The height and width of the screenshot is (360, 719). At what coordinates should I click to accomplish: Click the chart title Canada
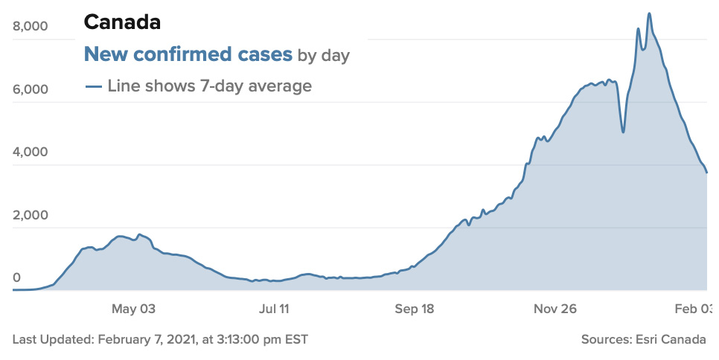click(x=122, y=22)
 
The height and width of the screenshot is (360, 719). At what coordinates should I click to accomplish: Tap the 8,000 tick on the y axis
click(x=31, y=27)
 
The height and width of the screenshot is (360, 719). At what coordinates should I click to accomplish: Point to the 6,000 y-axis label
click(x=31, y=90)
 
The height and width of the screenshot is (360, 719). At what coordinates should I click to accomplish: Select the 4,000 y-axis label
click(x=31, y=152)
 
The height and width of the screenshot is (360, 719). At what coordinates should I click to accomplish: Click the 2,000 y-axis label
click(x=31, y=216)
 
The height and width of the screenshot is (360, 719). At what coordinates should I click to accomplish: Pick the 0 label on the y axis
click(x=16, y=278)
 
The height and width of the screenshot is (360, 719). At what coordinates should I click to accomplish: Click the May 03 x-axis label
click(x=133, y=309)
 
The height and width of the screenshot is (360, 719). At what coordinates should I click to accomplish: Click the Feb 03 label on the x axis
click(x=700, y=309)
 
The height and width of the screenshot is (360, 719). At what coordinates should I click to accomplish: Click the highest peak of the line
click(x=649, y=13)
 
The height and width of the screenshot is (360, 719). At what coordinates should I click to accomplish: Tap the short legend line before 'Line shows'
click(x=93, y=87)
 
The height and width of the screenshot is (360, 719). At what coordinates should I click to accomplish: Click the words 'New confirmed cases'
click(x=188, y=54)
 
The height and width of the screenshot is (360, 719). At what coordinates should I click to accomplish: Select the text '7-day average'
click(x=255, y=86)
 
